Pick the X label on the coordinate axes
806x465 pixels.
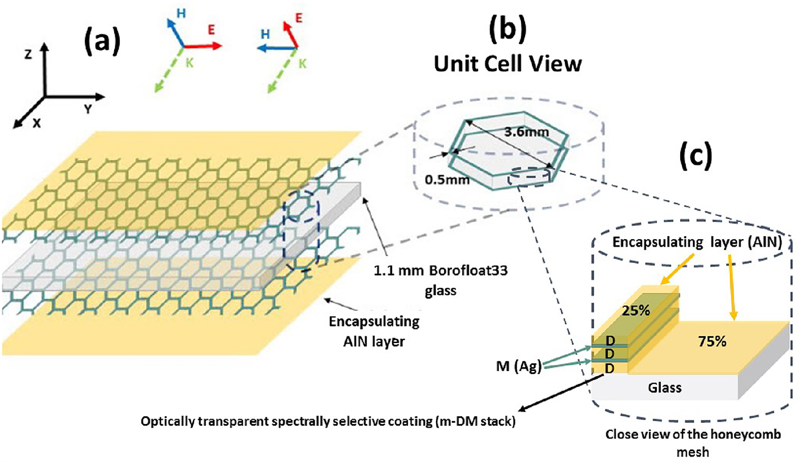pyautogui.click(x=37, y=122)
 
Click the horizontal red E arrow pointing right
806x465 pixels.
pyautogui.click(x=208, y=46)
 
